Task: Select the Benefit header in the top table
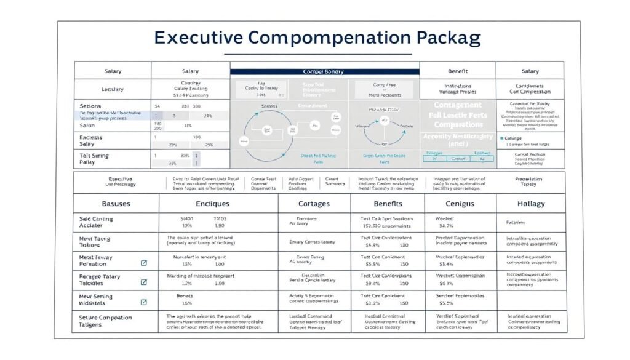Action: pyautogui.click(x=457, y=71)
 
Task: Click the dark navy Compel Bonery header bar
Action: pyautogui.click(x=324, y=72)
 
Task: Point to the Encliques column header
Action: pyautogui.click(x=213, y=203)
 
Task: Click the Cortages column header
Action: pyautogui.click(x=314, y=203)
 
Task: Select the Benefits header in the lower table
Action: pyautogui.click(x=388, y=203)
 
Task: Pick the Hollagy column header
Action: pyautogui.click(x=530, y=203)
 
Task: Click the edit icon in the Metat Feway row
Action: pyautogui.click(x=144, y=263)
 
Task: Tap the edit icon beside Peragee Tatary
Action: pyautogui.click(x=144, y=282)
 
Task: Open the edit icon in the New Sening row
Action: pyautogui.click(x=144, y=302)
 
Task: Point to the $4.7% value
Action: pyautogui.click(x=446, y=226)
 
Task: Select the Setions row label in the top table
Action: pyautogui.click(x=90, y=106)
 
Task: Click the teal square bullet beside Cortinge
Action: pyautogui.click(x=502, y=138)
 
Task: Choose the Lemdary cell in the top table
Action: pyautogui.click(x=112, y=89)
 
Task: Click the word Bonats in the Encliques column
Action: pyautogui.click(x=185, y=296)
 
